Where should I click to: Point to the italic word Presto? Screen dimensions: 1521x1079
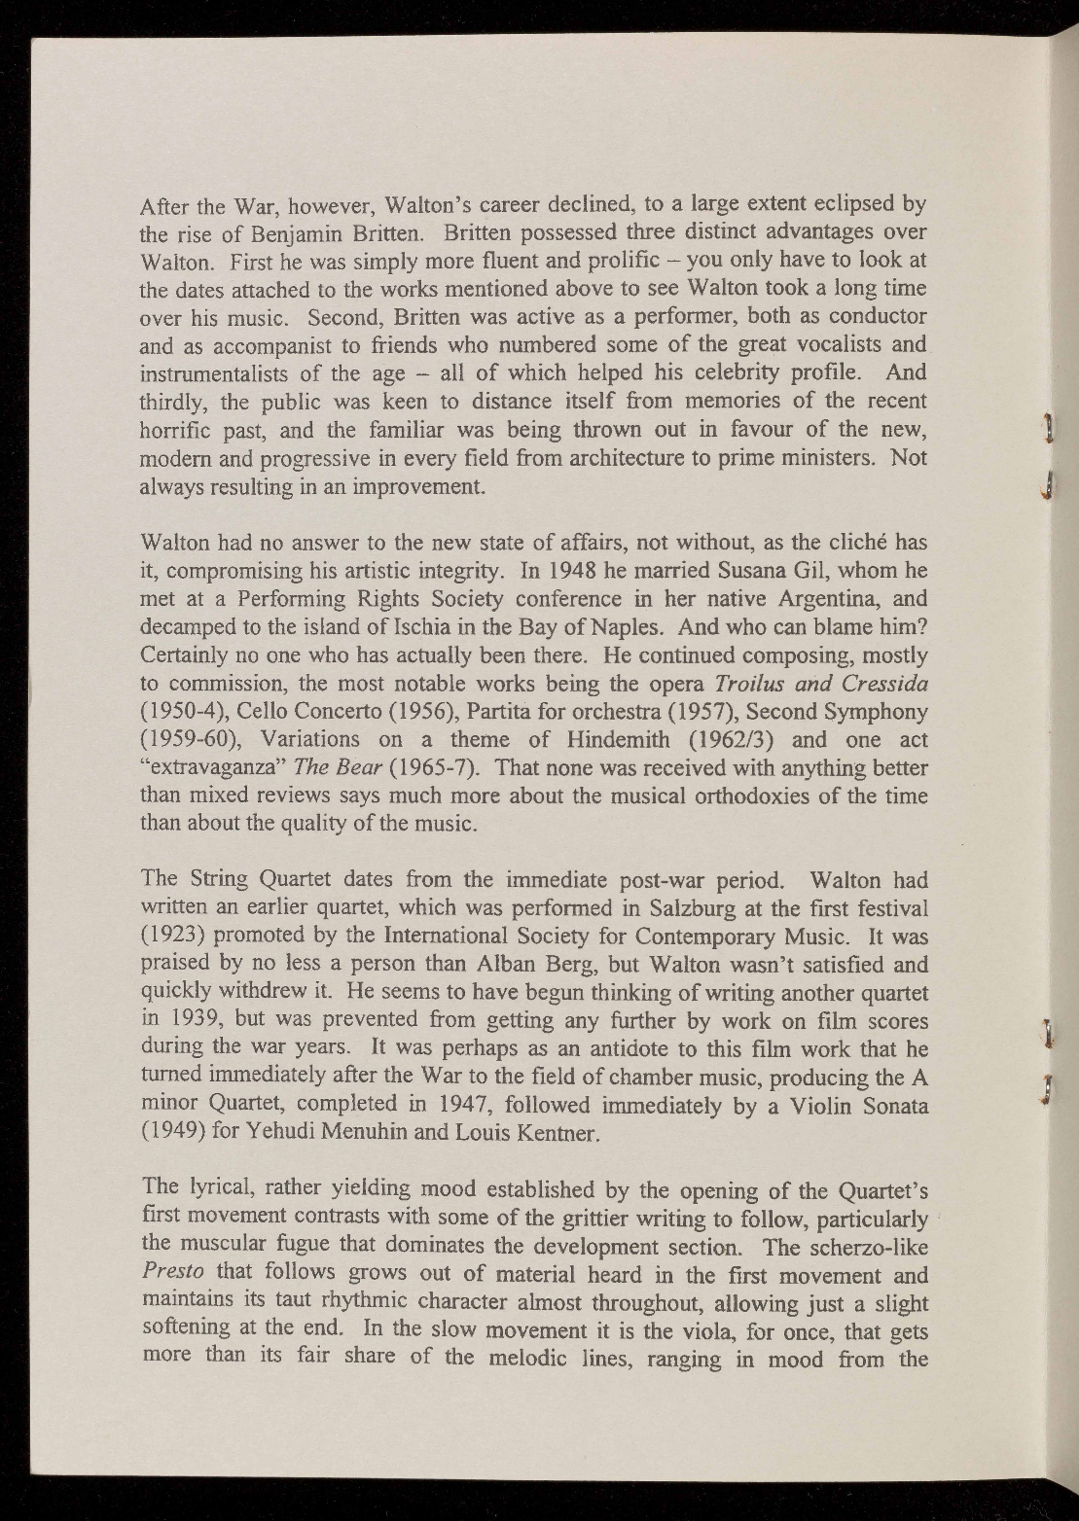coord(172,1274)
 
